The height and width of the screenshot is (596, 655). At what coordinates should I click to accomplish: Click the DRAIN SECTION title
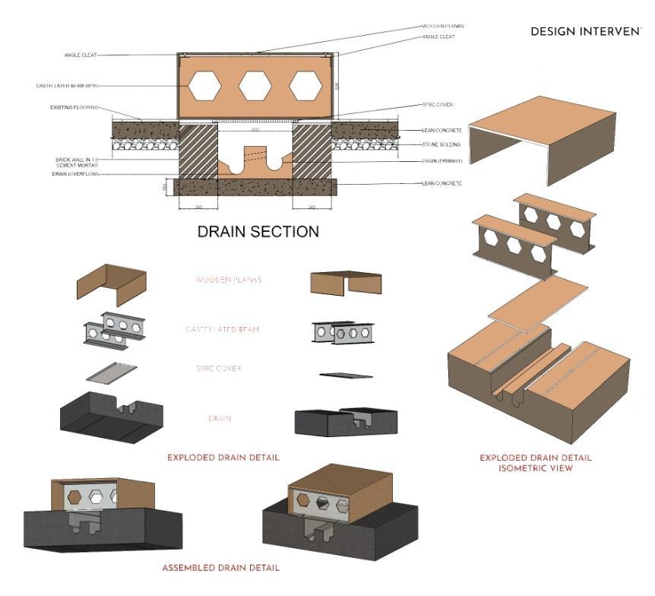click(x=258, y=232)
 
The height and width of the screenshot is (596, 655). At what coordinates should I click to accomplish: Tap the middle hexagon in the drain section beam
click(x=255, y=86)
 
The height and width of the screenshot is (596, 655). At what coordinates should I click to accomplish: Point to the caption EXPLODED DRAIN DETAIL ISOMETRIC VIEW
click(x=536, y=463)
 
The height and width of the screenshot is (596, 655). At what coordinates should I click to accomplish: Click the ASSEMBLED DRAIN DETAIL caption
click(x=220, y=568)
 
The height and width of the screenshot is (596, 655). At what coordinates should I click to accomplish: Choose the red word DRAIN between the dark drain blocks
click(x=220, y=418)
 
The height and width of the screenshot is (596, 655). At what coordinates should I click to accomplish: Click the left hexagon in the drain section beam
click(x=205, y=86)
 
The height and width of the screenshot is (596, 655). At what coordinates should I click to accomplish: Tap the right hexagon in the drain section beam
click(x=305, y=86)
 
